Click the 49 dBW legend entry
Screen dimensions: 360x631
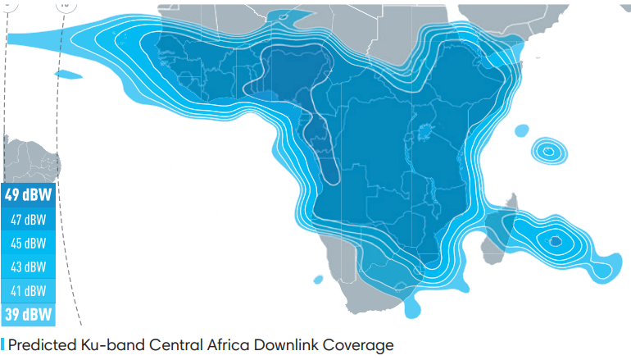pyautogui.click(x=29, y=195)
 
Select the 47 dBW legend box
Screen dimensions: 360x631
pyautogui.click(x=29, y=219)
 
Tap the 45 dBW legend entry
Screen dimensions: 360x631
pyautogui.click(x=29, y=243)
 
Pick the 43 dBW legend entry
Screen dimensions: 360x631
pyautogui.click(x=29, y=267)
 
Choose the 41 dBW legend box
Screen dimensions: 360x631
pyautogui.click(x=29, y=290)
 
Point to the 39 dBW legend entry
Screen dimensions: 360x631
pyautogui.click(x=29, y=314)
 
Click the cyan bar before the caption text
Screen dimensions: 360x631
pyautogui.click(x=2, y=344)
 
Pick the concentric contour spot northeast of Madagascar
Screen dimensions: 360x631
pyautogui.click(x=547, y=151)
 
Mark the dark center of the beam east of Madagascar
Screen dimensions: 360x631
pyautogui.click(x=556, y=241)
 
